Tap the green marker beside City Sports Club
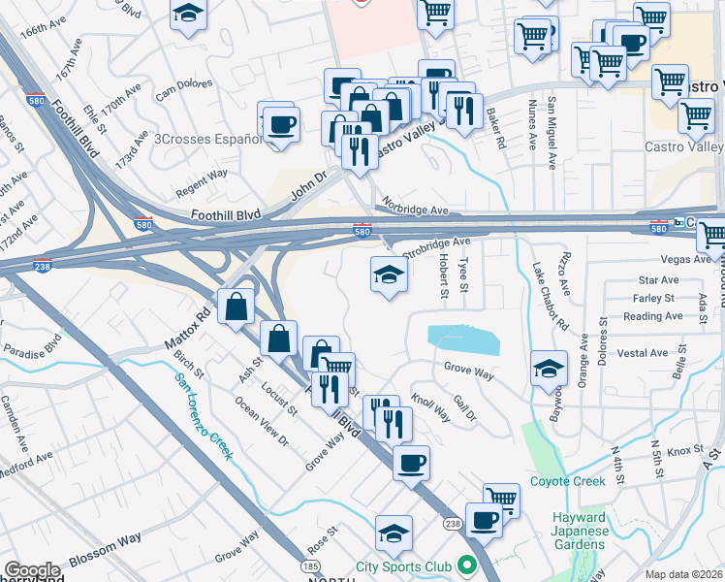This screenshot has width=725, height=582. click(467, 565)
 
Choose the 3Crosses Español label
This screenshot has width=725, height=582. click(208, 139)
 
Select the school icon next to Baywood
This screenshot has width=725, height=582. click(549, 369)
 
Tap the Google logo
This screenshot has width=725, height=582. click(32, 570)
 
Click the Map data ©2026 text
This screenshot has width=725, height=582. click(683, 574)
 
